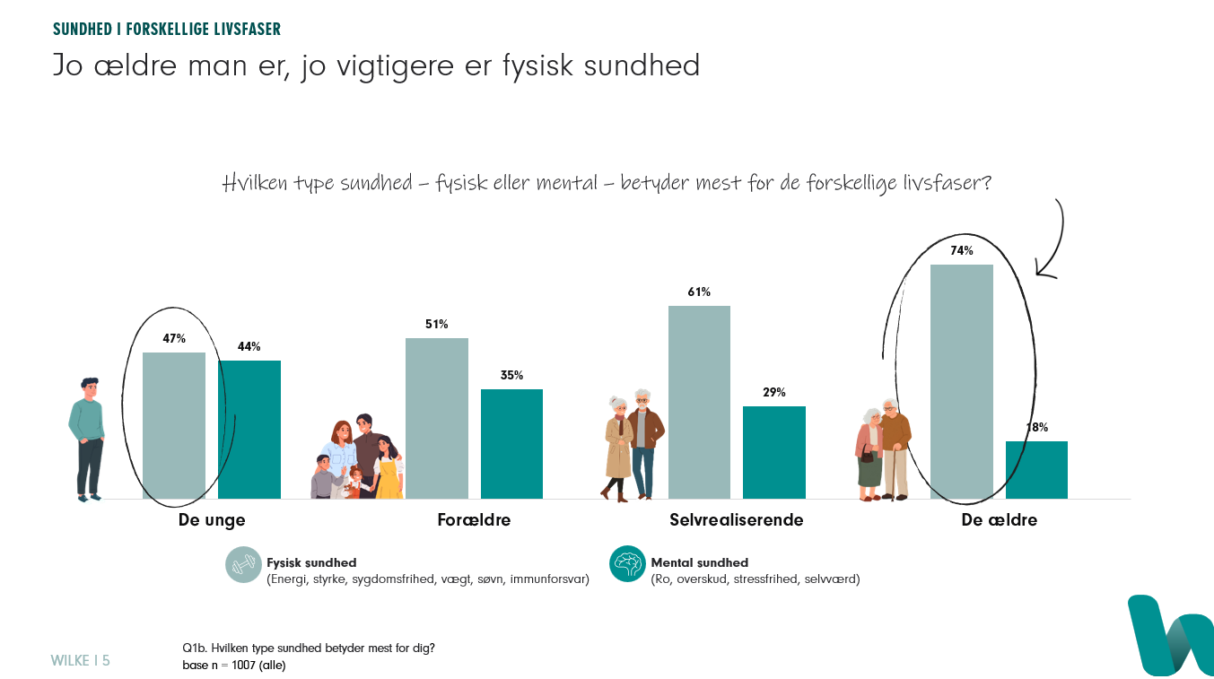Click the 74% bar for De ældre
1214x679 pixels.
pyautogui.click(x=962, y=381)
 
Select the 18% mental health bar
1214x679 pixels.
pyautogui.click(x=1036, y=470)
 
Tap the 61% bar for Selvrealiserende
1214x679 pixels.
pyautogui.click(x=699, y=402)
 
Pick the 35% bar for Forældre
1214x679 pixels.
pyautogui.click(x=511, y=444)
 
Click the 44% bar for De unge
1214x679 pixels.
pyautogui.click(x=249, y=429)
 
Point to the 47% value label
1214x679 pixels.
pyautogui.click(x=174, y=339)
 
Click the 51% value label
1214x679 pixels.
pyautogui.click(x=436, y=324)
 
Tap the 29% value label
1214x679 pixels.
pyautogui.click(x=774, y=392)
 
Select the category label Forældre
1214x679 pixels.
pyautogui.click(x=474, y=519)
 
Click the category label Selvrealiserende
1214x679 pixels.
pyautogui.click(x=736, y=519)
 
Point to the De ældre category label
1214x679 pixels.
pyautogui.click(x=999, y=519)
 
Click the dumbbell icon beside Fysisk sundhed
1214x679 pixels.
pyautogui.click(x=243, y=565)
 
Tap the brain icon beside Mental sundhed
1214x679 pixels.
pyautogui.click(x=627, y=563)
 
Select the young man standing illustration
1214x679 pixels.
pyautogui.click(x=87, y=440)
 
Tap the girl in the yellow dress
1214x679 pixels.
pyautogui.click(x=388, y=468)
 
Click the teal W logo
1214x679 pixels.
pyautogui.click(x=1171, y=636)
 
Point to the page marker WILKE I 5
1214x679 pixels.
pyautogui.click(x=80, y=660)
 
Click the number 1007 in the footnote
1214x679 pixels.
pyautogui.click(x=243, y=665)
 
